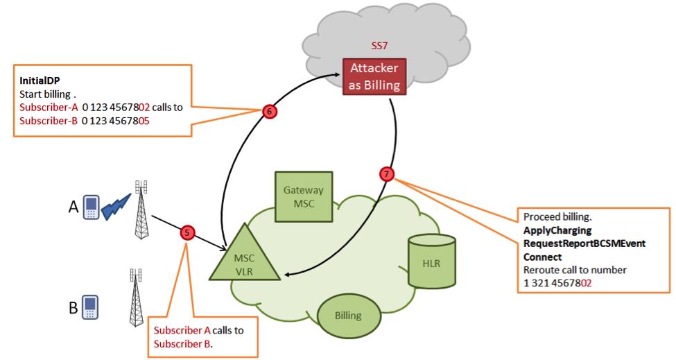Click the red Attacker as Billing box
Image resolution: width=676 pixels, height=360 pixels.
click(374, 77)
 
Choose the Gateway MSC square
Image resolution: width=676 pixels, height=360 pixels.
click(304, 195)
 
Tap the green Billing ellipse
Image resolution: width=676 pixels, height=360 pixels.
click(348, 315)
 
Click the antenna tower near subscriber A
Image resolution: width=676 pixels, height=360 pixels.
click(141, 208)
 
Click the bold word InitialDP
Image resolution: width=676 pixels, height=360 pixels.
click(40, 81)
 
